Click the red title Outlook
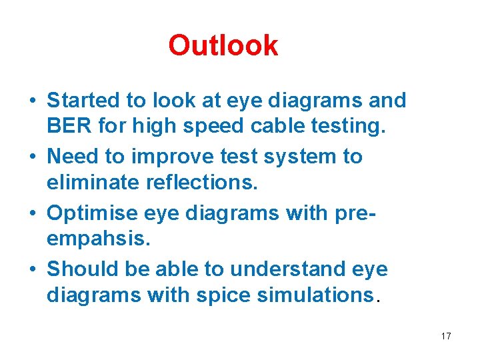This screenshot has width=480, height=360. point(223,45)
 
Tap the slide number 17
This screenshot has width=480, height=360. point(446,336)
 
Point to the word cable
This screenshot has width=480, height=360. point(273,125)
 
